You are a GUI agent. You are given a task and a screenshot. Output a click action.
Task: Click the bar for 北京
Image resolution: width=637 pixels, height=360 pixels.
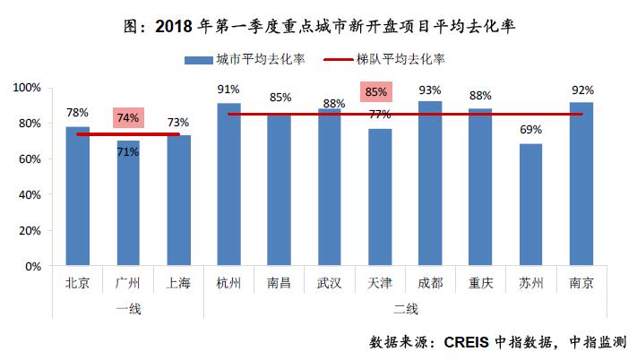coord(77,196)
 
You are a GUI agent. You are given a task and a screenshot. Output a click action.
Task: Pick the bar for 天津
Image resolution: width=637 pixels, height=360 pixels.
coord(380,197)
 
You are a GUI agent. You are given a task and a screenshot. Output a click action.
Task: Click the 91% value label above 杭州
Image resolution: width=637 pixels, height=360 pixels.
coord(228,90)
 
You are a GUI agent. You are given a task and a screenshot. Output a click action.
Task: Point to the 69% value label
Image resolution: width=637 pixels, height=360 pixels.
coord(530,130)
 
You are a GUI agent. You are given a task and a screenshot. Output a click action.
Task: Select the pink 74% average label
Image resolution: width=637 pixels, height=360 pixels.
coord(128,118)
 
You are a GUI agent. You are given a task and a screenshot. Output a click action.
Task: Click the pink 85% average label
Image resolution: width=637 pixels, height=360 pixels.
coord(376,91)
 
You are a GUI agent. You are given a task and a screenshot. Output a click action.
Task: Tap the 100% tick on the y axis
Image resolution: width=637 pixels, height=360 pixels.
coord(27,88)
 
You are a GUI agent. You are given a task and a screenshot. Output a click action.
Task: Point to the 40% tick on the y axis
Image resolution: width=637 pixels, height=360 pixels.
coord(30,195)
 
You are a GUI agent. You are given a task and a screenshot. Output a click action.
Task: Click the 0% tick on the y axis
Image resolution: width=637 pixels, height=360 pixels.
coord(33,267)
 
